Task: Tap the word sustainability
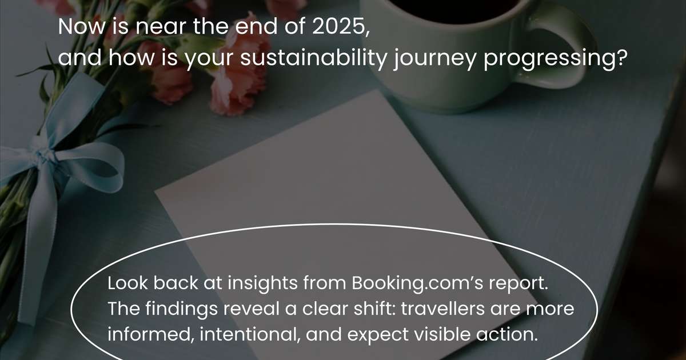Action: click(314, 58)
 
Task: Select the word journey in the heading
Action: click(435, 59)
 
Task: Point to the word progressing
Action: click(553, 59)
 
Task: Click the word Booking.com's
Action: click(417, 283)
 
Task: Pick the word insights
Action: click(262, 283)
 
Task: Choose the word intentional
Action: click(250, 334)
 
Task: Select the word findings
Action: click(181, 309)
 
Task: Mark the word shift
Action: click(375, 308)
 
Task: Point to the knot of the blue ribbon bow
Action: click(45, 154)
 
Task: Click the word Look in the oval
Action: click(127, 283)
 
